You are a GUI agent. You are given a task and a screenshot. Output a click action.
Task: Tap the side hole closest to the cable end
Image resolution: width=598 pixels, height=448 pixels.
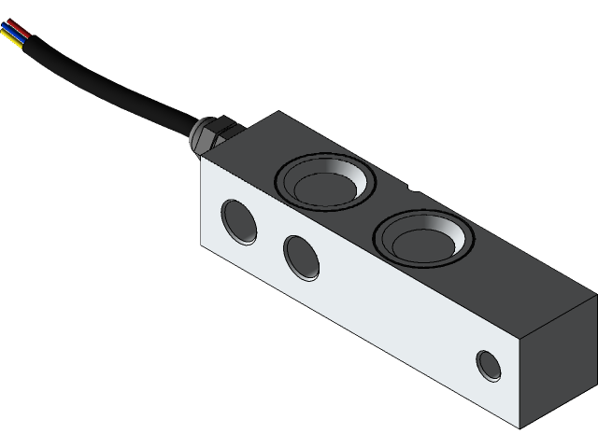click(x=239, y=221)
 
